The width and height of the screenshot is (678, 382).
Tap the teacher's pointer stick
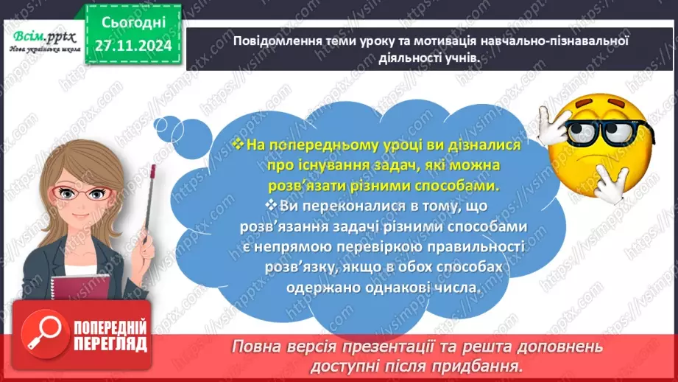tap(150, 199)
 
